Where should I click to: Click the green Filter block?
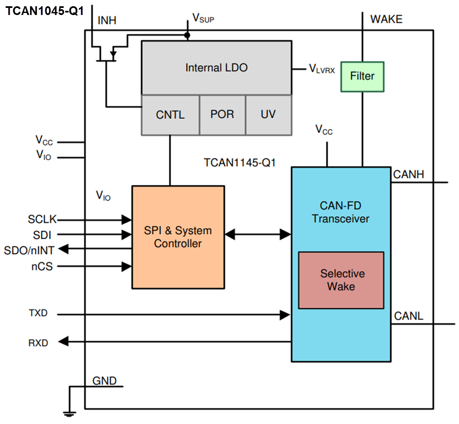click(362, 77)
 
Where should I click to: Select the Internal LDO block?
click(216, 68)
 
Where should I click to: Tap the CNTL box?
click(170, 115)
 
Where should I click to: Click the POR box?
click(222, 115)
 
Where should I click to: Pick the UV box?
click(268, 115)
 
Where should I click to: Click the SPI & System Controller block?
click(178, 237)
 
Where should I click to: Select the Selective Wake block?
click(341, 280)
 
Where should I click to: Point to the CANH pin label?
click(409, 174)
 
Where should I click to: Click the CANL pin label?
click(409, 316)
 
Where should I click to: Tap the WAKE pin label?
click(386, 19)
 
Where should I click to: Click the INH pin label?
click(107, 20)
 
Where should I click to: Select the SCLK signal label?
click(42, 219)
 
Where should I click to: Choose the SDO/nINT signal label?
click(29, 250)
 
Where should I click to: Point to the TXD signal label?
click(38, 313)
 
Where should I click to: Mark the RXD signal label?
click(38, 343)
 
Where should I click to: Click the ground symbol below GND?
click(69, 413)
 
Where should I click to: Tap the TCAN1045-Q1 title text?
click(44, 11)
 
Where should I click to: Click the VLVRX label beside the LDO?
click(322, 69)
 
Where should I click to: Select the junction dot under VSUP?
click(187, 35)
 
